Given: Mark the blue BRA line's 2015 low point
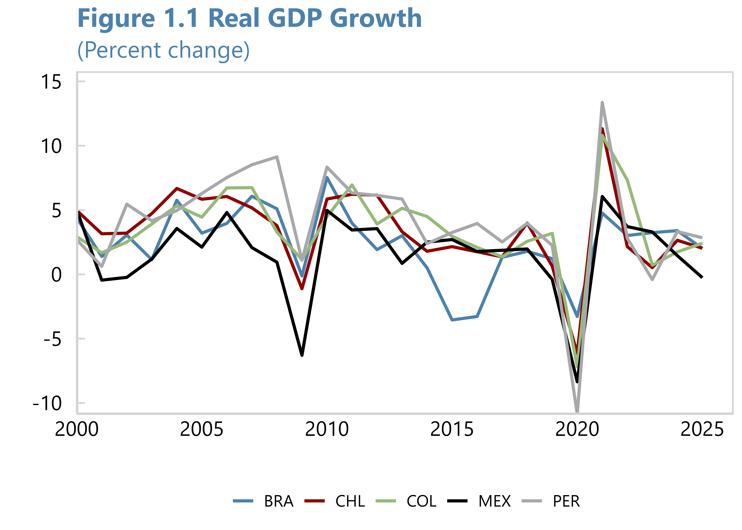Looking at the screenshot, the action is (x=452, y=320).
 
